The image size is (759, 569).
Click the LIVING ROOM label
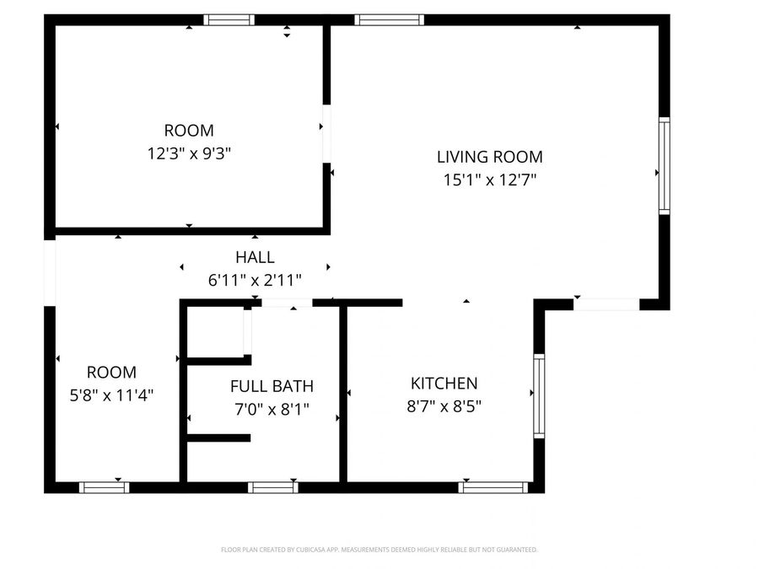(489, 157)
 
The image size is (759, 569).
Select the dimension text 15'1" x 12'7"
(489, 180)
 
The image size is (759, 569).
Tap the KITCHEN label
(444, 384)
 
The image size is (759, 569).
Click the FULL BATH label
(272, 387)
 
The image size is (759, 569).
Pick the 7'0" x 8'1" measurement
(272, 410)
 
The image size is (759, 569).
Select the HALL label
(255, 258)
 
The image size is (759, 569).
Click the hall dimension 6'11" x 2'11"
(255, 280)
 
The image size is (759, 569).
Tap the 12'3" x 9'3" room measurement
(189, 153)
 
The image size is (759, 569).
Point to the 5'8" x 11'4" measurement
(111, 394)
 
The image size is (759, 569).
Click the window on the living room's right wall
(664, 166)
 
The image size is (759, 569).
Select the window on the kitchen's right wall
(539, 396)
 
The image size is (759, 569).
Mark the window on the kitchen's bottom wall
(493, 487)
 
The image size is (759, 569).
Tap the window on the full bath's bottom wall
(273, 487)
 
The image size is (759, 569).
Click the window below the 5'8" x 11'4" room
(104, 487)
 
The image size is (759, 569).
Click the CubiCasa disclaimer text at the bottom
(379, 550)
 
